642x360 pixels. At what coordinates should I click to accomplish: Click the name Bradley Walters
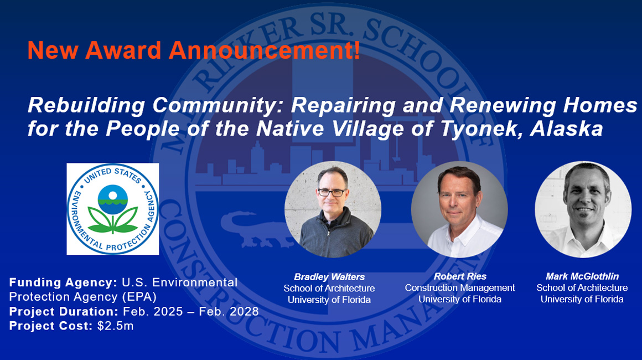(x=329, y=277)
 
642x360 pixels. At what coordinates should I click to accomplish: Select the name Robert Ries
(x=459, y=276)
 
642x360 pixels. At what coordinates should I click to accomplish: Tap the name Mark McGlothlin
(x=582, y=276)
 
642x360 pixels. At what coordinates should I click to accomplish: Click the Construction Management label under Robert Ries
(x=459, y=287)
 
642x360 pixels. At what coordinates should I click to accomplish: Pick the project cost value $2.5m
(x=116, y=326)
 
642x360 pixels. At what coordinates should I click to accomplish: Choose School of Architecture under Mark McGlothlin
(x=582, y=287)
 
